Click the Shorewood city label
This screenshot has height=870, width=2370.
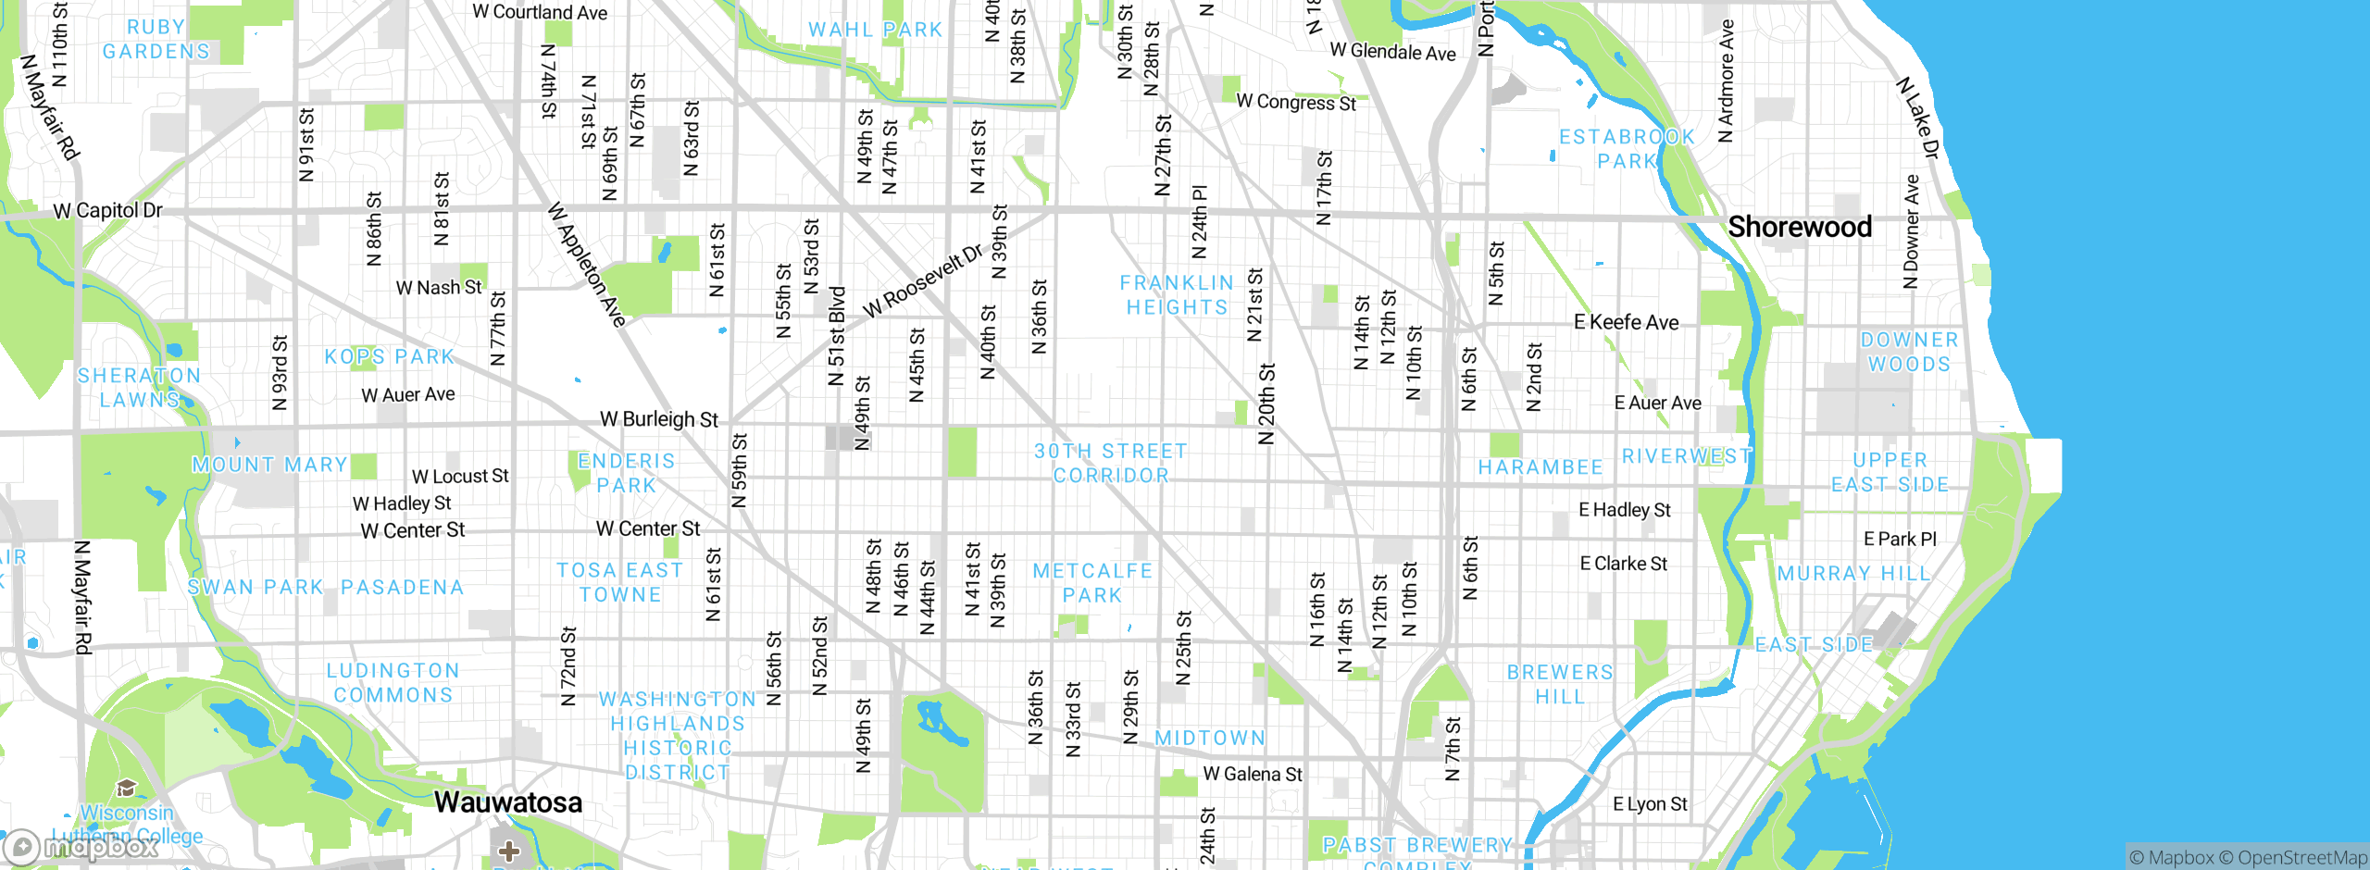coord(1800,227)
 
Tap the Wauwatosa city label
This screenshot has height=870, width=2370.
coord(508,802)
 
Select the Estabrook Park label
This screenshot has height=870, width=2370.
coord(1627,149)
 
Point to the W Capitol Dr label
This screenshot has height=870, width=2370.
coord(107,211)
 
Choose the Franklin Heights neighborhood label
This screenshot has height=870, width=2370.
coord(1177,295)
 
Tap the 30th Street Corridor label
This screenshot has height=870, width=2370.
coord(1110,463)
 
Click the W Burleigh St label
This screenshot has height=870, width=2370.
coord(658,419)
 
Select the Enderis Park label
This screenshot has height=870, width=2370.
coord(626,473)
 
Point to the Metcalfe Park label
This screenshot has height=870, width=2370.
coord(1092,583)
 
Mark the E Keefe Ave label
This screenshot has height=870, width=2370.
coord(1626,323)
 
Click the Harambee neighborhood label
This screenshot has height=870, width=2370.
coord(1540,467)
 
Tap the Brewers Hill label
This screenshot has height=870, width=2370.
coord(1560,684)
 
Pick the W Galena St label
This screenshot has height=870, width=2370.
coord(1252,774)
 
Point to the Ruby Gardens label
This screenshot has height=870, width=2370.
coord(156,40)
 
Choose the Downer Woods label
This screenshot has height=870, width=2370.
coord(1909,353)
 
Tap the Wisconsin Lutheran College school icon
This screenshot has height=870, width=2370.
coord(127,788)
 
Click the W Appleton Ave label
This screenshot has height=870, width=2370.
coord(587,265)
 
